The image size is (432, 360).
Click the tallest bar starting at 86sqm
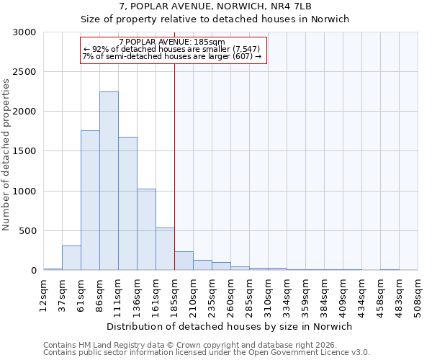(x=109, y=181)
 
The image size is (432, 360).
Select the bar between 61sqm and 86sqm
(x=90, y=200)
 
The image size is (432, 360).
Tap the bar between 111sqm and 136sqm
(x=127, y=204)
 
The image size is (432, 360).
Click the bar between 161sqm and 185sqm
(x=165, y=249)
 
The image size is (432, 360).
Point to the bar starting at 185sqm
(x=184, y=261)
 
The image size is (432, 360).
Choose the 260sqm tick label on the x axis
(x=230, y=293)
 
